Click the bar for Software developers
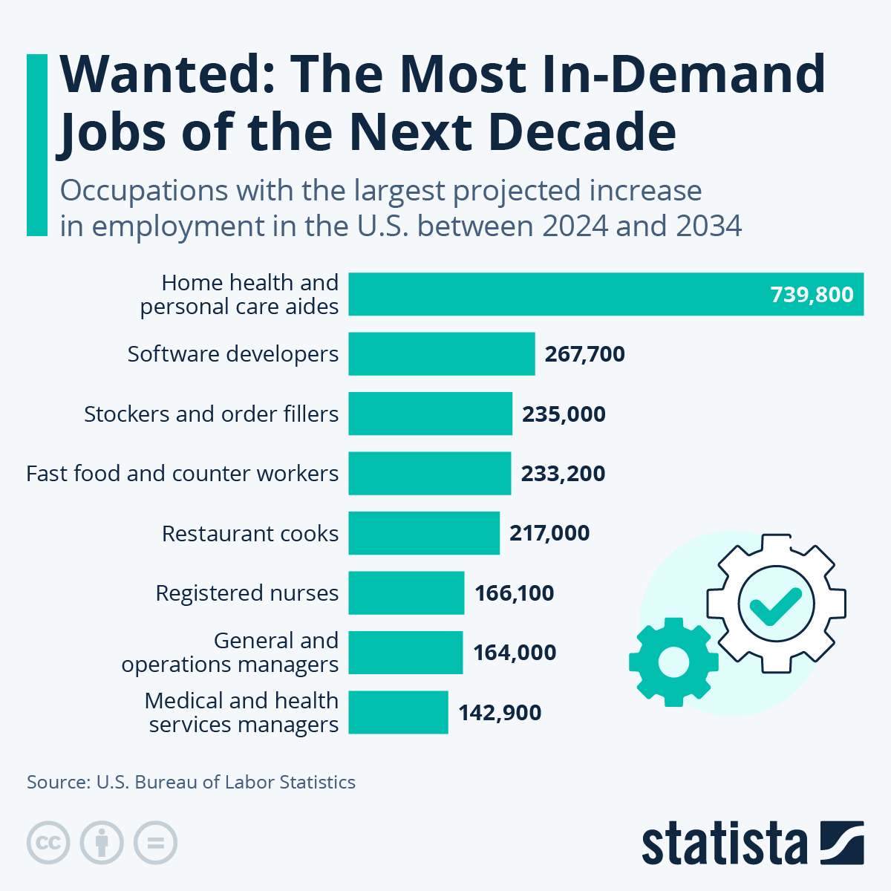442,353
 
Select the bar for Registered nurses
406,593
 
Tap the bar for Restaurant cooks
424,533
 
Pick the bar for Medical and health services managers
398,712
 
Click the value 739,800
812,295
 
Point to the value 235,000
564,414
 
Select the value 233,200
563,473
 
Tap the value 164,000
515,653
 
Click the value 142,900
500,712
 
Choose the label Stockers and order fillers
211,414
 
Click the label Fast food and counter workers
182,473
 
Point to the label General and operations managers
230,653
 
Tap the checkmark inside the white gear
775,605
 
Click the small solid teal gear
673,661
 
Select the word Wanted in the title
166,74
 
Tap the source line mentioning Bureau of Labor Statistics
191,782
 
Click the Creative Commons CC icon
48,843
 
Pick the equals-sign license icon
155,843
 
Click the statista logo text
724,843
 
